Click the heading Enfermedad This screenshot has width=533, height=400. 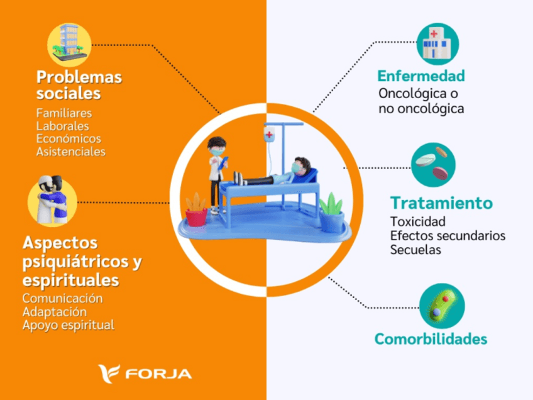421,77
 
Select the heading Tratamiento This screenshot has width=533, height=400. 441,203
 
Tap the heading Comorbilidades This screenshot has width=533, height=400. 431,339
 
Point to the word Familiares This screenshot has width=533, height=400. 64,113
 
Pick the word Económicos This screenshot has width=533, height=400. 69,139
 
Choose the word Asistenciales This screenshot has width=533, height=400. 71,152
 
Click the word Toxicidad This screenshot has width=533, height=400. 417,222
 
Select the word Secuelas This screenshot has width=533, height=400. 415,250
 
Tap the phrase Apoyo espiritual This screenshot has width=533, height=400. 69,325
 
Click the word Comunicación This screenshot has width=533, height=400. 62,298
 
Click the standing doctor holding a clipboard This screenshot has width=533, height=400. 217,174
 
